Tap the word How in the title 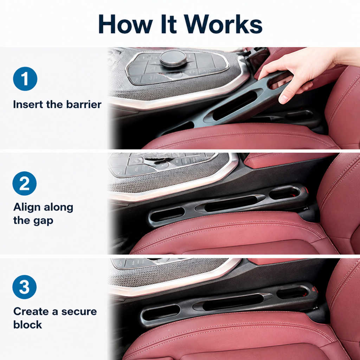(x=126, y=24)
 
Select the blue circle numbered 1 (x=25, y=79)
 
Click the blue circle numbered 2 (x=25, y=184)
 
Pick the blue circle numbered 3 (x=25, y=287)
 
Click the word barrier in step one (x=84, y=104)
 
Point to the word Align (x=27, y=208)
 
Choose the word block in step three (x=27, y=324)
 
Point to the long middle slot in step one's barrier (x=234, y=105)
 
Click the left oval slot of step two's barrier (x=167, y=214)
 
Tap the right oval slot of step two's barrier (x=284, y=193)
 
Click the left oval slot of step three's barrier (x=160, y=313)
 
